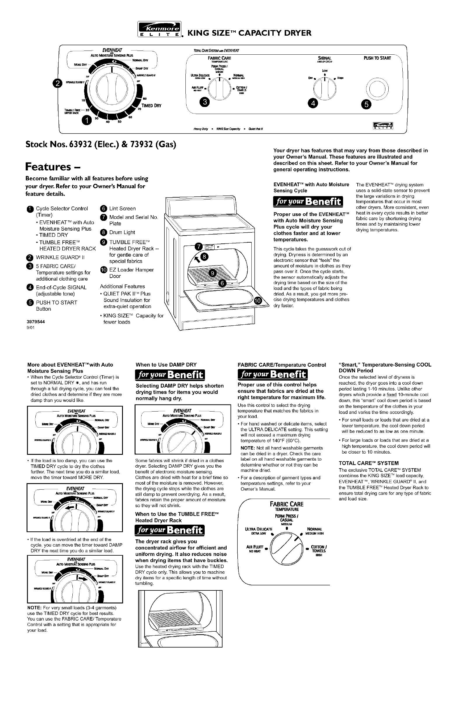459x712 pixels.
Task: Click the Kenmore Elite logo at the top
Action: pos(159,30)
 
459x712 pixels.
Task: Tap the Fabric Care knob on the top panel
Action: pos(219,89)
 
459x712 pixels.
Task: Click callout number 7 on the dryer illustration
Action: pos(199,246)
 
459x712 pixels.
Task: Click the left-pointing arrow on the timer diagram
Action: pos(70,507)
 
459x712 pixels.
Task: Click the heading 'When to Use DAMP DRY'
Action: pos(166,364)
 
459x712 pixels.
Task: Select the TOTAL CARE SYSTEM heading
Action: pos(368,463)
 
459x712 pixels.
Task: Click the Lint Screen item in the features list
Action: pos(122,208)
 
